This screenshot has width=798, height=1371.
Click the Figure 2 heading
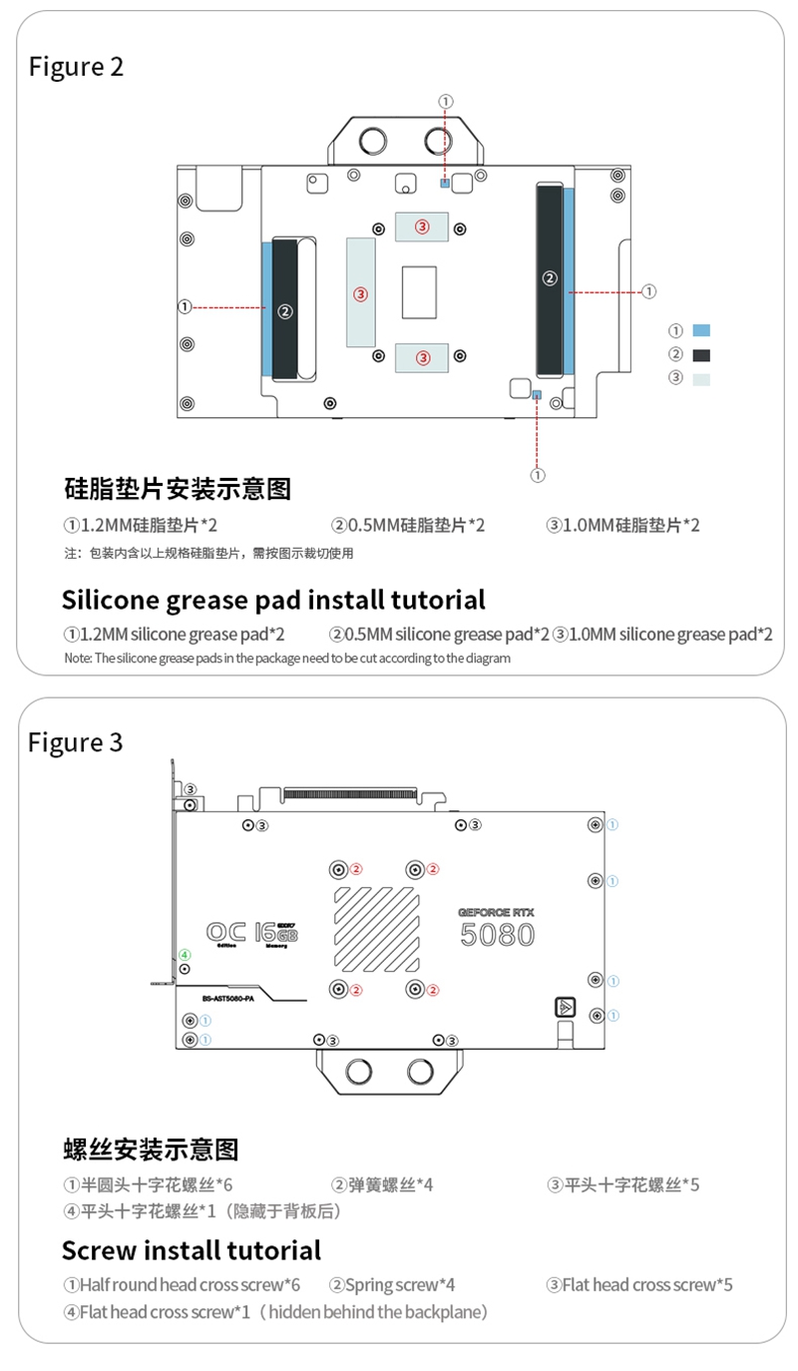tap(76, 67)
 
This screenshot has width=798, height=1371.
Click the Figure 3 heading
tap(76, 742)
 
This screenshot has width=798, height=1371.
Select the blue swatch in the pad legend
tap(701, 330)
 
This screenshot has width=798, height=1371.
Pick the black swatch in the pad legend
tap(701, 354)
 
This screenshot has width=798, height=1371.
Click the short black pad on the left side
tap(285, 308)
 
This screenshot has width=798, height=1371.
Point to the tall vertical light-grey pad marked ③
tap(361, 293)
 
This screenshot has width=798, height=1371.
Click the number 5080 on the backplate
tap(497, 935)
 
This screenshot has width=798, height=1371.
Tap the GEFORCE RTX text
tap(497, 912)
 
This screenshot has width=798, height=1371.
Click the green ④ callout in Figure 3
tap(184, 954)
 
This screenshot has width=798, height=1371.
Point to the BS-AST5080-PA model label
tap(228, 998)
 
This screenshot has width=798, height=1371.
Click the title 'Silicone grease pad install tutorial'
tap(273, 600)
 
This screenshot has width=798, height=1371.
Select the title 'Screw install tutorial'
tap(192, 1250)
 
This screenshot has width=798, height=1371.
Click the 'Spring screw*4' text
tap(393, 1285)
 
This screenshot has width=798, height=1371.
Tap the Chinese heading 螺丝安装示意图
tap(151, 1149)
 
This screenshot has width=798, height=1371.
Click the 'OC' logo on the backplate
tap(225, 931)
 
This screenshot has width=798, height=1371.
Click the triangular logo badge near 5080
tap(565, 1007)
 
